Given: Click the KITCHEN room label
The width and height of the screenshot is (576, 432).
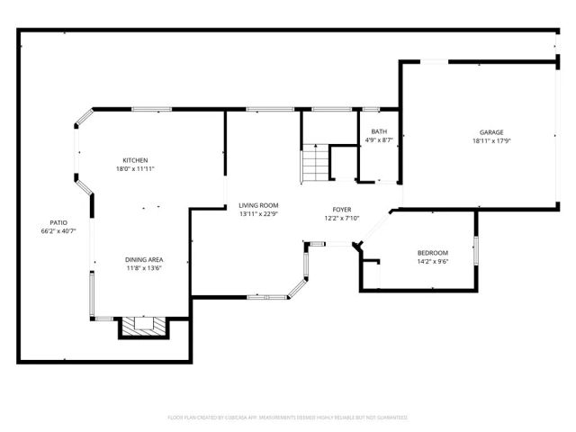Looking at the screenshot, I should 135,160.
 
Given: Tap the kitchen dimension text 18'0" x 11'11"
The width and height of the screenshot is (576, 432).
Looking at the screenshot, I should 135,169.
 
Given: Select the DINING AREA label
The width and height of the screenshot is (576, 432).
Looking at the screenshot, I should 143,259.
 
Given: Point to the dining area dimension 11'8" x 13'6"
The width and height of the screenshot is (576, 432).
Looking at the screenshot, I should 143,268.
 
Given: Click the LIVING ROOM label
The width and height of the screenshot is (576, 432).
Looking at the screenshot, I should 258,205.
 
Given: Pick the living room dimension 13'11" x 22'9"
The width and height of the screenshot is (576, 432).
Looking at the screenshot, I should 258,214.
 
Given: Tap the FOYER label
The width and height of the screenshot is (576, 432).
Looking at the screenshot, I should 341,210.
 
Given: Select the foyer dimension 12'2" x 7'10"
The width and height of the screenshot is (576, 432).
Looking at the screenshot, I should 341,219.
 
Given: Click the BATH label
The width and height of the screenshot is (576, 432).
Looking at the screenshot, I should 379,131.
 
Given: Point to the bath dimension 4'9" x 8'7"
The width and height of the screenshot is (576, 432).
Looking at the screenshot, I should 379,140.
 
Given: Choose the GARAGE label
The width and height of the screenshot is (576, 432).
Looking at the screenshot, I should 490,131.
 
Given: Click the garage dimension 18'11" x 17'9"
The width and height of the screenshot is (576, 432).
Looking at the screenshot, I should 490,140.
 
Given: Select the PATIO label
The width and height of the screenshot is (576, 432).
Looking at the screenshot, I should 58,222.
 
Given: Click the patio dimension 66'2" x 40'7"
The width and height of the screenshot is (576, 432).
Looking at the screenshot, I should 58,231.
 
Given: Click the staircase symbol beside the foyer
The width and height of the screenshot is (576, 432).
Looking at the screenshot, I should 314,164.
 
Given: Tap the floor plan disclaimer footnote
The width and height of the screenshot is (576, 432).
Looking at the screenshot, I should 287,418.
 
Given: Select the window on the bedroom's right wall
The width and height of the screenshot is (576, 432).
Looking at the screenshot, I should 475,251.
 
